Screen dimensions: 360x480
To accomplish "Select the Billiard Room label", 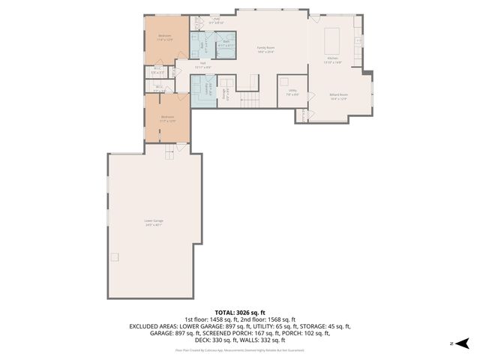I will click(338, 96).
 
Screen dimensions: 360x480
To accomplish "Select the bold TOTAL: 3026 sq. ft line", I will click(240, 312).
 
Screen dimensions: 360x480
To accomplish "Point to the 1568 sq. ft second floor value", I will click(282, 319).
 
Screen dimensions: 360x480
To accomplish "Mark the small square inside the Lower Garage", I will click(114, 257).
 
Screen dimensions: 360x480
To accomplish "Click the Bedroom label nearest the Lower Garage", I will click(167, 118).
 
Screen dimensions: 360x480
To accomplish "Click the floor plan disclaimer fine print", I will click(240, 349).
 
